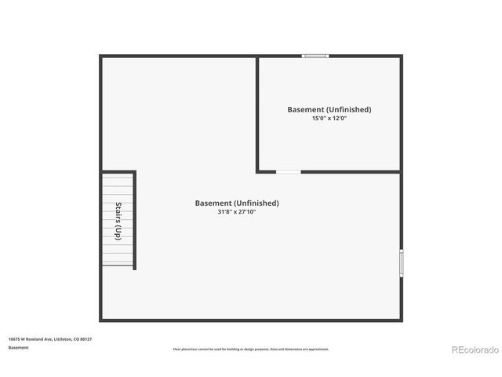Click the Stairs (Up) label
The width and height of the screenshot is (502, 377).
[118, 221]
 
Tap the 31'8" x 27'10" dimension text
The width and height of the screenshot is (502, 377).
[237, 212]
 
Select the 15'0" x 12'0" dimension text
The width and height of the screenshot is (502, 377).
[329, 118]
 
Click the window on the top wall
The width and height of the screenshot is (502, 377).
[315, 56]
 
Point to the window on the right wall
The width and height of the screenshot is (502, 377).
[401, 262]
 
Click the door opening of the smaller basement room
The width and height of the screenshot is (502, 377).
[288, 172]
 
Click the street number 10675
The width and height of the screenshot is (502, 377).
[14, 339]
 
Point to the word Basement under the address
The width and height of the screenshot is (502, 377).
[19, 347]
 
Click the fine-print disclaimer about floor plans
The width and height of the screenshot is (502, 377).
[251, 350]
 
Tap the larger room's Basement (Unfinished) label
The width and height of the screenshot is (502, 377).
[237, 203]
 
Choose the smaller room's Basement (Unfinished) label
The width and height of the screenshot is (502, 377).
[329, 109]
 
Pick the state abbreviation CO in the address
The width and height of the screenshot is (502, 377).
[77, 339]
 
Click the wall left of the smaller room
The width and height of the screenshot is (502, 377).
[257, 114]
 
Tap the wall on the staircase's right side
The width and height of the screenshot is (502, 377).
[135, 220]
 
